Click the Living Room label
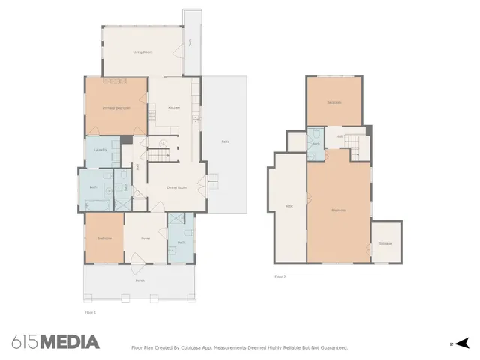point(142,52)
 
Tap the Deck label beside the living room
point(190,43)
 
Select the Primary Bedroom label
point(116,108)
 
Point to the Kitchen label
point(173,108)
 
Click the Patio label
point(225,142)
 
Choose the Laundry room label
point(100,150)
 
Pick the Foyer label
point(146,238)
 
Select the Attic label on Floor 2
point(289,207)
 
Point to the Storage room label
point(385,244)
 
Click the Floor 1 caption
point(90,311)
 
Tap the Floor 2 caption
point(280,277)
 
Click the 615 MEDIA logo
point(55,342)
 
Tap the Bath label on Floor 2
point(316,144)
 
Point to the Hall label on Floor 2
point(340,136)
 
